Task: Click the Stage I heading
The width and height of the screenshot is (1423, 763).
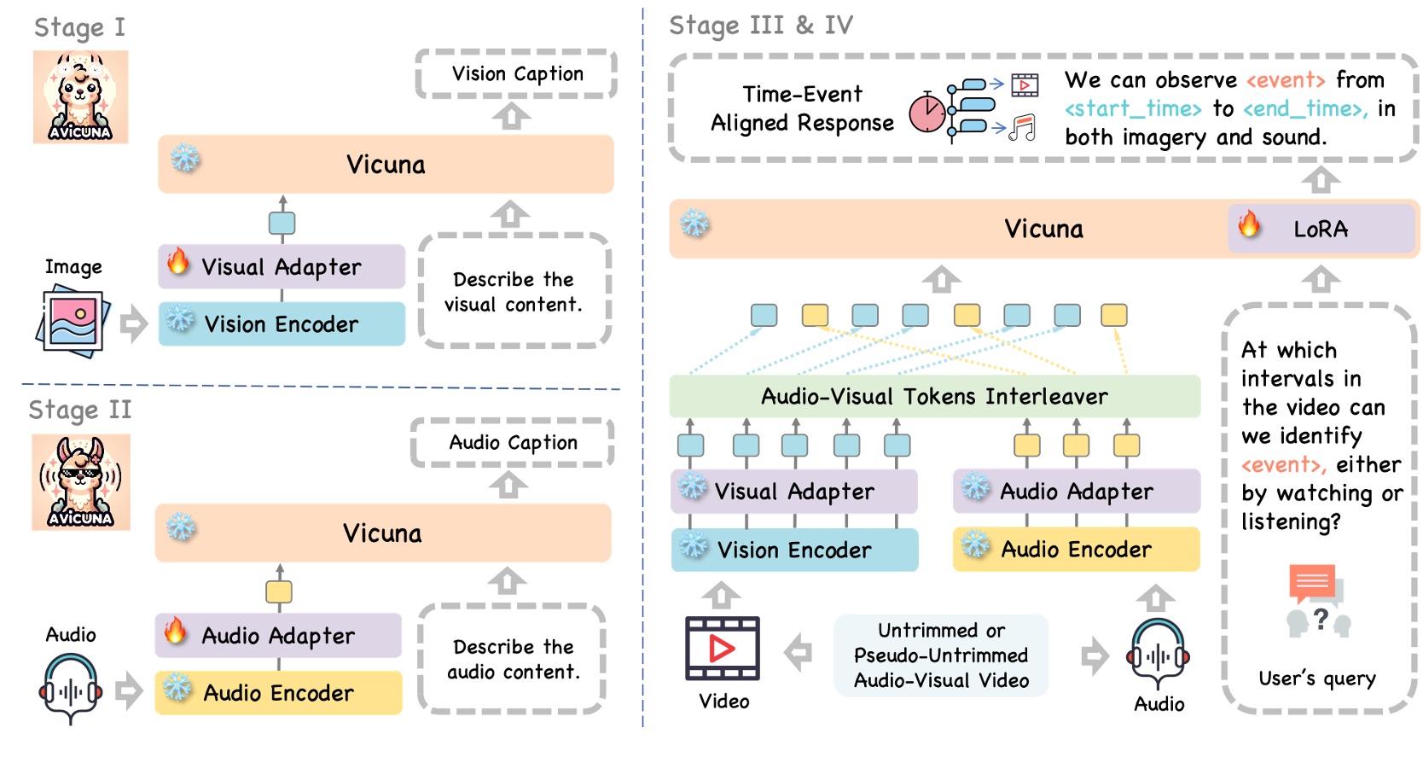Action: point(79,27)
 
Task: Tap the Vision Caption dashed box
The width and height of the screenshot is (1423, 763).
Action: point(516,74)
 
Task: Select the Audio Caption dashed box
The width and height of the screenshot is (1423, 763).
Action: point(512,442)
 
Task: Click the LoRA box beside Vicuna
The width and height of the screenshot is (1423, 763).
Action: point(1320,229)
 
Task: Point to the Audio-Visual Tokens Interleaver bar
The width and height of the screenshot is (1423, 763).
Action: point(934,396)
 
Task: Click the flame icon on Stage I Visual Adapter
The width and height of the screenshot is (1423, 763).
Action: point(177,262)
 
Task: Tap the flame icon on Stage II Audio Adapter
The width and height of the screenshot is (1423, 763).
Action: point(175,631)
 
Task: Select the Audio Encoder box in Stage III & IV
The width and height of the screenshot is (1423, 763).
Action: point(1076,549)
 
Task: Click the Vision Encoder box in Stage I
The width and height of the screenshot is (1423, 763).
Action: point(282,324)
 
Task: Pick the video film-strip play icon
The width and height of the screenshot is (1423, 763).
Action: point(722,649)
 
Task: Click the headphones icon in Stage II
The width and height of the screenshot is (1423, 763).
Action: point(71,688)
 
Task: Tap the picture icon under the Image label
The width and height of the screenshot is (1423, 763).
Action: point(73,323)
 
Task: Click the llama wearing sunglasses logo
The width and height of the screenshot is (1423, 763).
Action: point(81,482)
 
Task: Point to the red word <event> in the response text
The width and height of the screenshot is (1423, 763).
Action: point(1285,80)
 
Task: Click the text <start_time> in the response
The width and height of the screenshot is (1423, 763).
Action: point(1132,109)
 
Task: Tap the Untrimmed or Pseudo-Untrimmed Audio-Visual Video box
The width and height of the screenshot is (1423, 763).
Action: point(941,655)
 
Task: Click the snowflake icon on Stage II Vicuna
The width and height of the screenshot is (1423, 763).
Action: point(181,527)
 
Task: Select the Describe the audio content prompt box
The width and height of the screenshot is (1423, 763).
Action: point(512,659)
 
